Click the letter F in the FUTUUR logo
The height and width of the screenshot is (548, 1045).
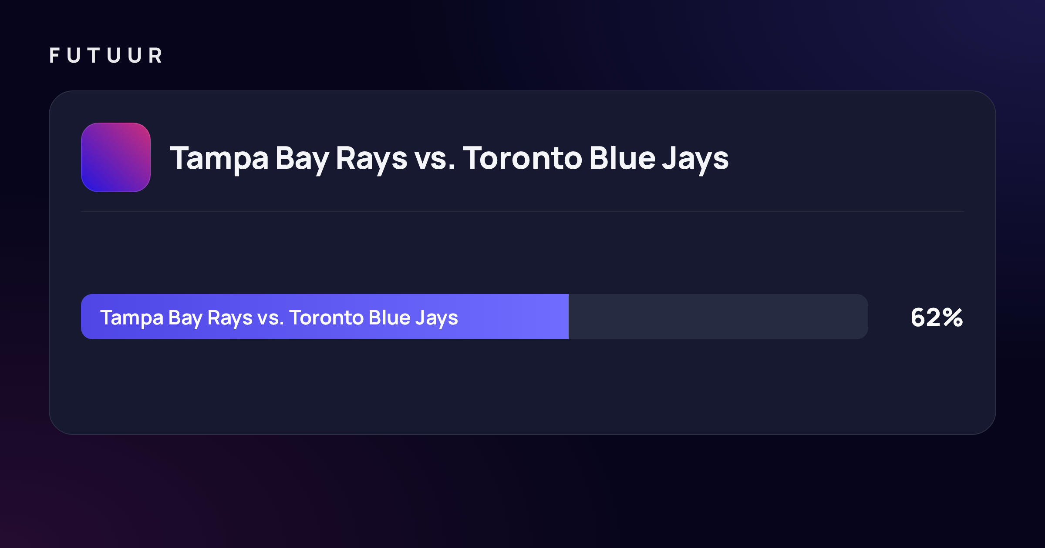pos(54,55)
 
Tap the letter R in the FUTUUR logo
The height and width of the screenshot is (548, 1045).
pos(155,55)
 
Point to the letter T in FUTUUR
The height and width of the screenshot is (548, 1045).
pos(94,55)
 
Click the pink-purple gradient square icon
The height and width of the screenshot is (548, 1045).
pos(116,157)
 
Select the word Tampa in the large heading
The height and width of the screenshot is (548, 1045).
pos(219,159)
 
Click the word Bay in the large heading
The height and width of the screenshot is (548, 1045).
pos(302,160)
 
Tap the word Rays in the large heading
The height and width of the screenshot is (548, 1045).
pos(371,160)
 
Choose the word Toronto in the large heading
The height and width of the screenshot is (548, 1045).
pos(522,158)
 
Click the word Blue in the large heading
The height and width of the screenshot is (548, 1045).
pos(622,157)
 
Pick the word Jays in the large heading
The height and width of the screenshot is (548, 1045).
pos(695,160)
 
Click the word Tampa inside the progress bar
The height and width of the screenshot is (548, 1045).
pos(131,318)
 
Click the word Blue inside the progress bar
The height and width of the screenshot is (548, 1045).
pos(390,317)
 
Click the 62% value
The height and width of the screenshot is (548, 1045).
pos(937,317)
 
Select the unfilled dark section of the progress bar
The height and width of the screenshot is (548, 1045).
pos(718,317)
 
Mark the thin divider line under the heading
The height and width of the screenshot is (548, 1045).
pos(522,212)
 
